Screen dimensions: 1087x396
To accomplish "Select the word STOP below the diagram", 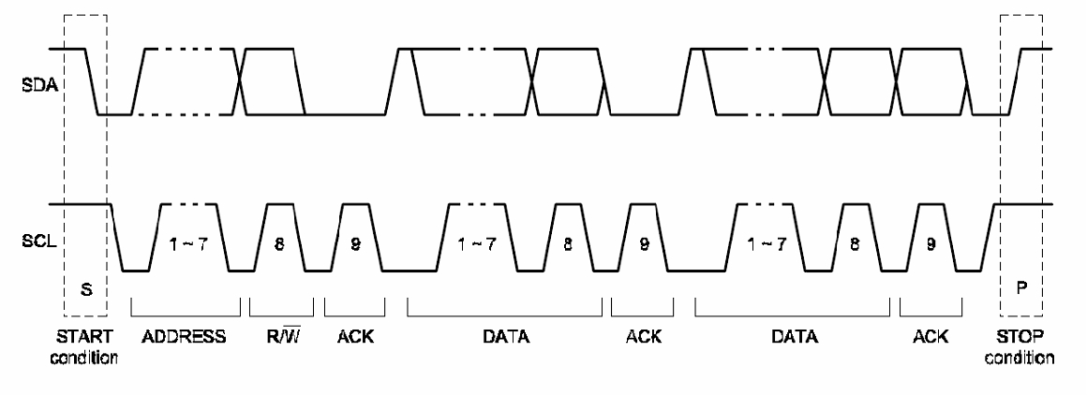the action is pyautogui.click(x=1024, y=338).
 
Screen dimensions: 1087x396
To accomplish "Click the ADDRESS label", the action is pyautogui.click(x=186, y=338).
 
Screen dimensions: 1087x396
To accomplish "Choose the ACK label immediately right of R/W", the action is pyautogui.click(x=355, y=338).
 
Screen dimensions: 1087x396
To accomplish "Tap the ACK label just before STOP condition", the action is pyautogui.click(x=930, y=338).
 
